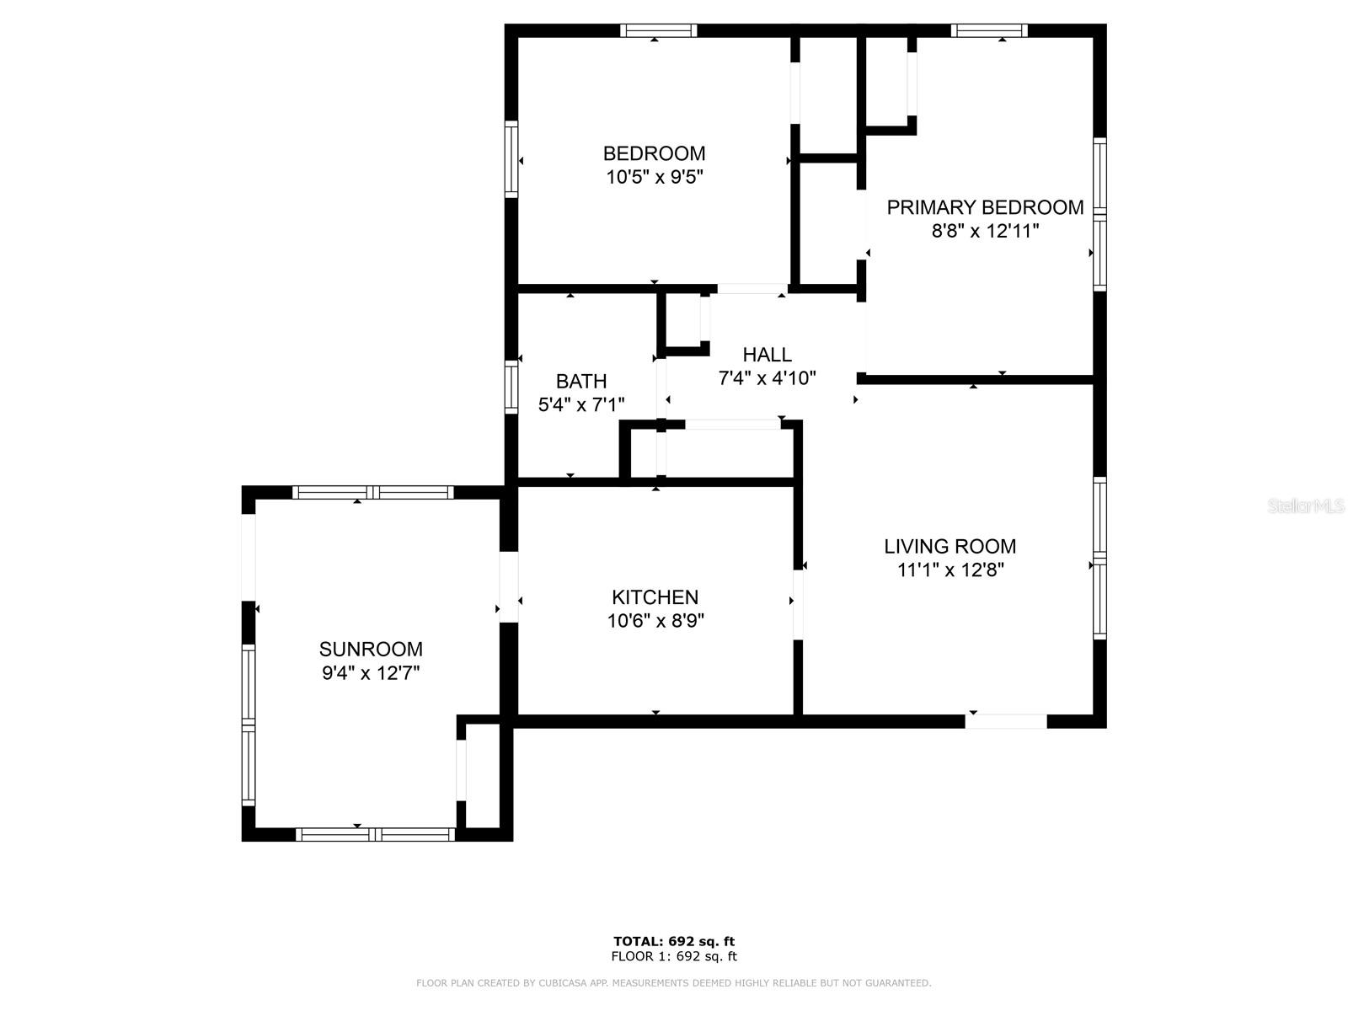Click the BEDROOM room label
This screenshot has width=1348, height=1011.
(654, 153)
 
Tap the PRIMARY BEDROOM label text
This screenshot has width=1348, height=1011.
(985, 207)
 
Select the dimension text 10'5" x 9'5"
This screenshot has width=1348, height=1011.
(654, 177)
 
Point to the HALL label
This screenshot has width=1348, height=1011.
(767, 355)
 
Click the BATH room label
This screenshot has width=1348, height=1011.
(581, 382)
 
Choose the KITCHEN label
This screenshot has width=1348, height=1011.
(655, 597)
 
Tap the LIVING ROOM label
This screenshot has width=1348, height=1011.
(949, 546)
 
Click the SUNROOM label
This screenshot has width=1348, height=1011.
(371, 650)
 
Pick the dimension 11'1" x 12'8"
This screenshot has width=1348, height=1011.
(950, 570)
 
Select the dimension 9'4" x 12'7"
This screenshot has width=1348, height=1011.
(371, 673)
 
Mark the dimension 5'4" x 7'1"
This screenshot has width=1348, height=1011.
(581, 405)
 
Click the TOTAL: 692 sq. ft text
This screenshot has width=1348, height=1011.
(674, 941)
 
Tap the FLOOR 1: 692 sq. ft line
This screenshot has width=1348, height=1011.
(674, 956)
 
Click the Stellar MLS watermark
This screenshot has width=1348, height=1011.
(1306, 506)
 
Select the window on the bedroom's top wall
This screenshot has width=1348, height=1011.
(659, 31)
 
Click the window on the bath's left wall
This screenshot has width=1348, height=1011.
(511, 387)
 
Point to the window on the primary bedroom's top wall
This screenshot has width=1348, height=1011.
(989, 31)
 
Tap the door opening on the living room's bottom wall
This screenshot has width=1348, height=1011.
(1006, 721)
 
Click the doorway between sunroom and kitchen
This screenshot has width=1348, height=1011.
(508, 587)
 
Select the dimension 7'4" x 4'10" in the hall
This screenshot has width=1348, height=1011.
(767, 378)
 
